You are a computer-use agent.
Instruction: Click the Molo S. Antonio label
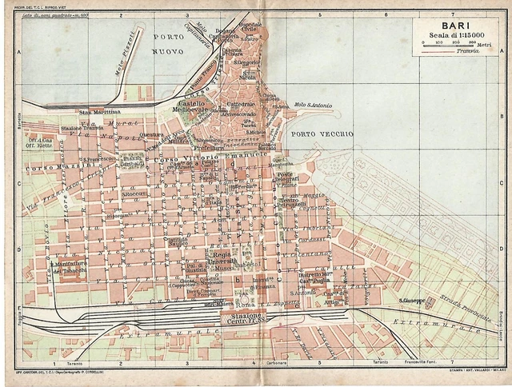click(311, 105)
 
